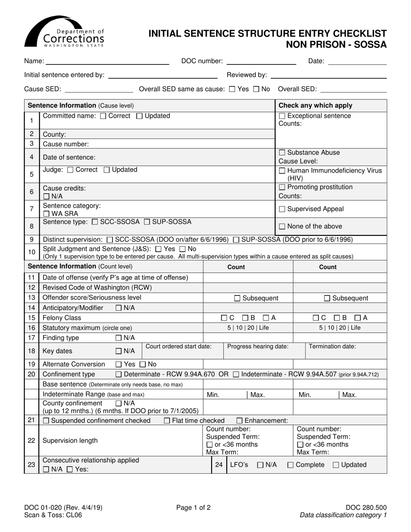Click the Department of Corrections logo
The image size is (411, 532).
tap(64, 32)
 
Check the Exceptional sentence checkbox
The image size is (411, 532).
tap(282, 116)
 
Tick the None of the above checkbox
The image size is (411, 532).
tap(282, 226)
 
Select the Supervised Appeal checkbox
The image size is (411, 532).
tap(282, 209)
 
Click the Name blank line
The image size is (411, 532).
tap(107, 61)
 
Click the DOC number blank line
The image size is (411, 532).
tap(261, 61)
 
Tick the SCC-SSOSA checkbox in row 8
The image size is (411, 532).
tap(96, 222)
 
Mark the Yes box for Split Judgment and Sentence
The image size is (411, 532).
tap(158, 249)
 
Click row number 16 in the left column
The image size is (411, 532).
tap(32, 328)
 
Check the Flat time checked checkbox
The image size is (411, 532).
tap(167, 421)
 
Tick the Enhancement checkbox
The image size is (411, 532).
tap(239, 421)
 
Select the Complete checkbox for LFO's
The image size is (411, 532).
tap(290, 465)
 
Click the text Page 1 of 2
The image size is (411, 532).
tap(193, 508)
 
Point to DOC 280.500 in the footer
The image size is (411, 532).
tap(366, 508)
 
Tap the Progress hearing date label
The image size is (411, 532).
tap(258, 346)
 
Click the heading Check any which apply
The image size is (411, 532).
tap(315, 106)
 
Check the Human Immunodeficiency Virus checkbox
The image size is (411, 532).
tap(282, 170)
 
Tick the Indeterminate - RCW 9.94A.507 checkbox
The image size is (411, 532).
tap(236, 375)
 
